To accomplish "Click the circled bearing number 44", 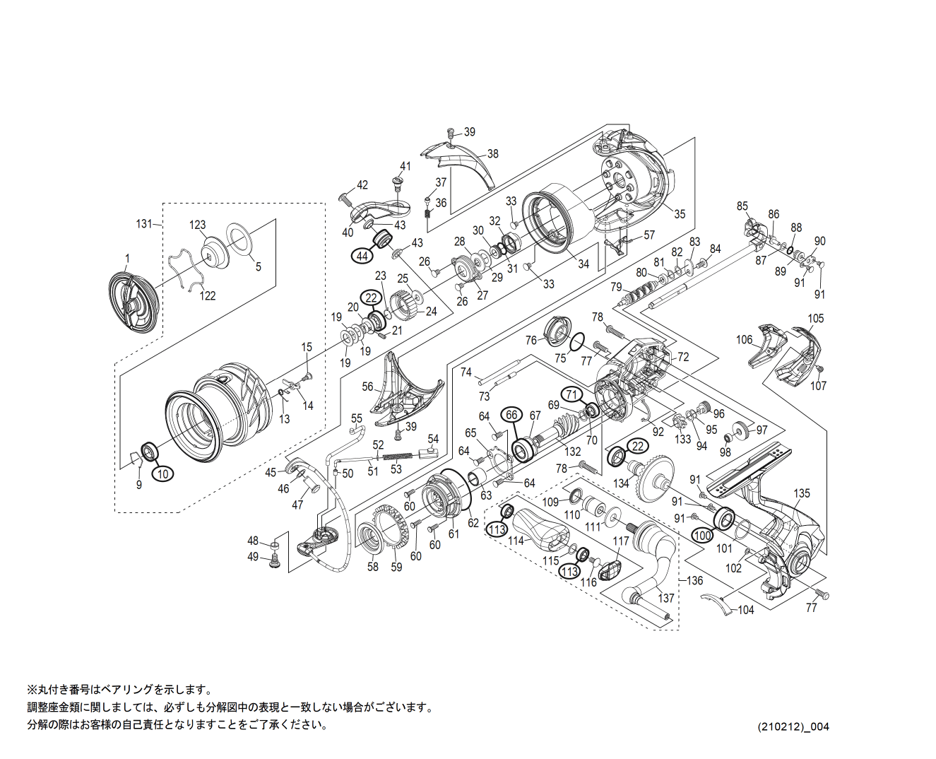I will tap(362, 256).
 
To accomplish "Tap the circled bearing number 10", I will tap(162, 473).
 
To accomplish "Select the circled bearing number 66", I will tap(511, 416).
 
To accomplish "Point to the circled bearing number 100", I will tap(702, 536).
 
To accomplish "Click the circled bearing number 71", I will tap(572, 394).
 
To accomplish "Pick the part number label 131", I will tap(144, 223).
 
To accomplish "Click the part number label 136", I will tap(695, 580).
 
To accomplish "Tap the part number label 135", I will tap(802, 493).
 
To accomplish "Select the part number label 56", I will tap(367, 387).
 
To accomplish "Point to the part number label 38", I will tap(492, 153).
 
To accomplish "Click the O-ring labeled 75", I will tap(576, 342).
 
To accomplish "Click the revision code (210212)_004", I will tap(793, 726).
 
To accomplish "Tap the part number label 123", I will tap(197, 225).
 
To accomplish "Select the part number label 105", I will tap(816, 318).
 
